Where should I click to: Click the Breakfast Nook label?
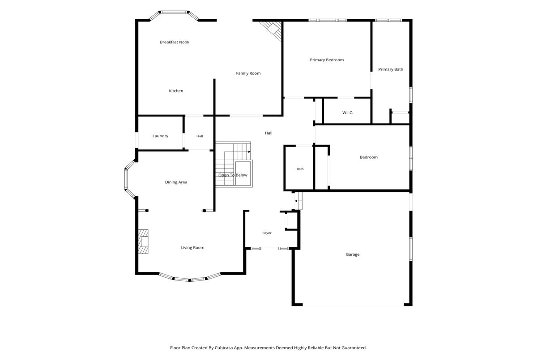pos(175,42)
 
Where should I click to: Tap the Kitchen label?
pos(176,91)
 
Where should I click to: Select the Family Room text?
pos(248,73)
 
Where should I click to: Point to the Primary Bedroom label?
pos(327,60)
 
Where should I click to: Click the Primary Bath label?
pos(391,69)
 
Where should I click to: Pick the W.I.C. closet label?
pos(348,113)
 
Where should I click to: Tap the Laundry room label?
pos(160,136)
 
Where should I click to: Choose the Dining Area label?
pos(176,182)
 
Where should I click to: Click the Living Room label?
pos(192,248)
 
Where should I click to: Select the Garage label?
pos(353,254)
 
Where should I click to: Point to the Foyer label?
pos(267,233)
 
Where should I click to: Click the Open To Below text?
pos(233,175)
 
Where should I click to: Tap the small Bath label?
pos(300,169)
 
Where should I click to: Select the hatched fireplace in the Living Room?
pos(143,241)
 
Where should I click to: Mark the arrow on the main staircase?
pos(237,152)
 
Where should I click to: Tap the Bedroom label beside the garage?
pos(369,157)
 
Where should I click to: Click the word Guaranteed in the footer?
pos(354,348)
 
